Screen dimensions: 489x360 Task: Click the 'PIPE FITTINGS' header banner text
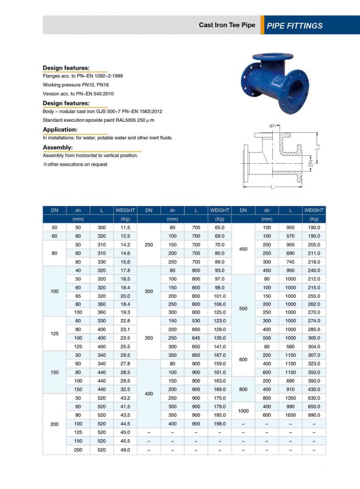tap(295, 26)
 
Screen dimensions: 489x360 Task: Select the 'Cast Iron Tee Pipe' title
tap(227, 25)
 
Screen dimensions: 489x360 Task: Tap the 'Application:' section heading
tap(60, 129)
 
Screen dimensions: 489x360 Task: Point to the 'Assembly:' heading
tap(58, 148)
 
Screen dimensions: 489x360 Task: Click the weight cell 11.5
tap(125, 228)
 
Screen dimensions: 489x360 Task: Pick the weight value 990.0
tap(314, 415)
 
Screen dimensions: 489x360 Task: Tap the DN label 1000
tap(243, 411)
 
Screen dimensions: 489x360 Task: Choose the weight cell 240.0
tap(314, 270)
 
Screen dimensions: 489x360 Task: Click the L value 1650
tap(290, 415)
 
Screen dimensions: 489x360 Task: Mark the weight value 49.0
tap(125, 449)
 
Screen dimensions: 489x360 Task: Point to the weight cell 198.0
tap(220, 424)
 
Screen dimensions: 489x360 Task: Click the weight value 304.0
tap(314, 347)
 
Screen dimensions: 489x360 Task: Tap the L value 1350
tap(290, 398)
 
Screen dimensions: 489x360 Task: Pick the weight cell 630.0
tap(314, 398)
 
